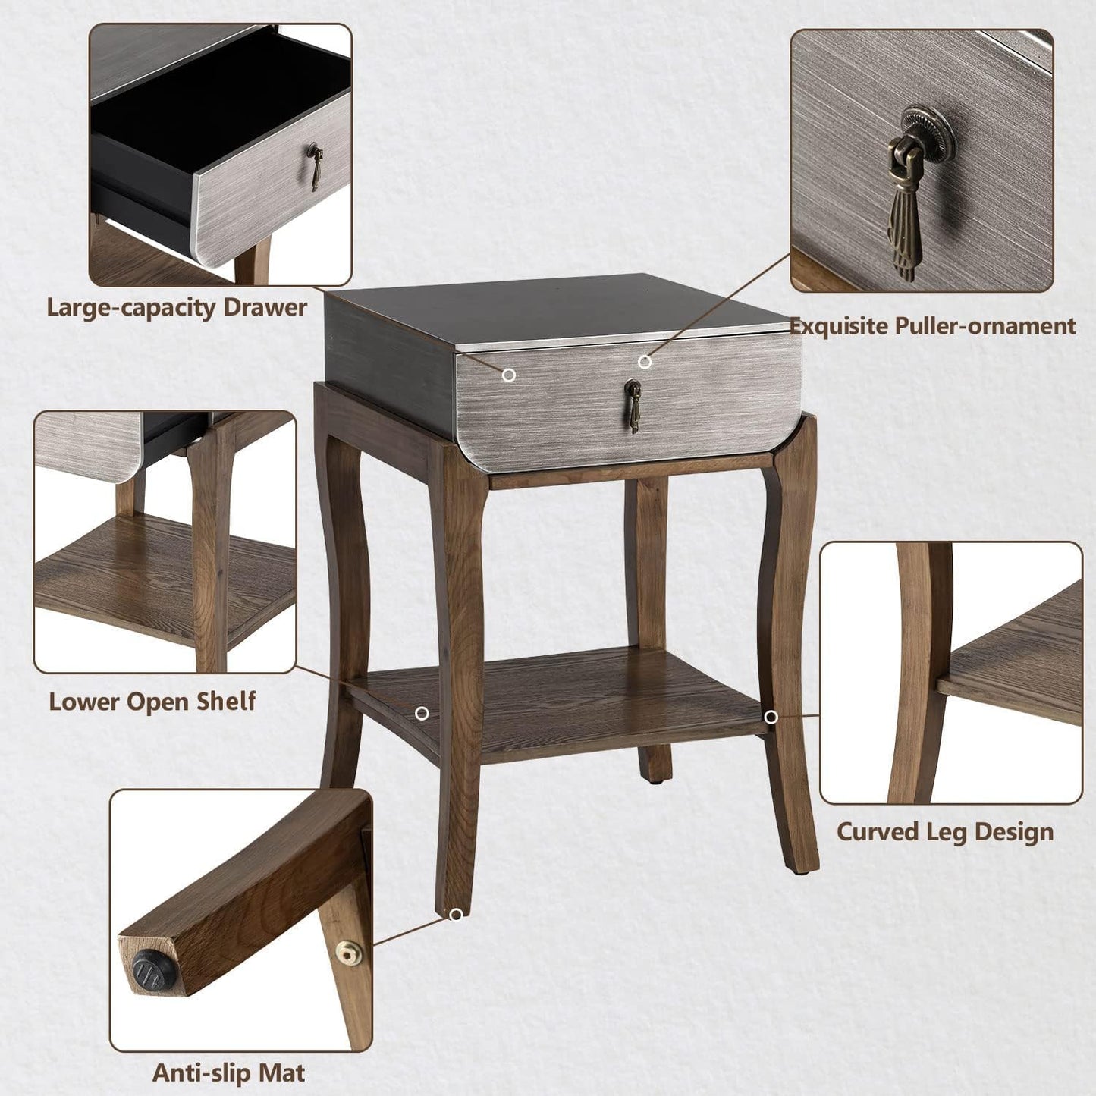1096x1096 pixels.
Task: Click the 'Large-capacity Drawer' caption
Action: (x=177, y=307)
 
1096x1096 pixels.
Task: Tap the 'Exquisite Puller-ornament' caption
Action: (x=932, y=325)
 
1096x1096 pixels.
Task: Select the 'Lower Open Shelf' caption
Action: (x=152, y=701)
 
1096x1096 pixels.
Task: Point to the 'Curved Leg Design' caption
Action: (x=945, y=831)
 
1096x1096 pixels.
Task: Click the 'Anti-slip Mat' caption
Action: (x=229, y=1072)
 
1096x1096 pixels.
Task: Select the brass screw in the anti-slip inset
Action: (x=348, y=951)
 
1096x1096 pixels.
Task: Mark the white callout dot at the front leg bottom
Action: (x=455, y=915)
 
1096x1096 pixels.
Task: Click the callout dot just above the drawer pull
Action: (x=644, y=362)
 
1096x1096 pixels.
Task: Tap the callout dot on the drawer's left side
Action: (x=510, y=375)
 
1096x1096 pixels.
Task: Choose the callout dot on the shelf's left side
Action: (x=422, y=713)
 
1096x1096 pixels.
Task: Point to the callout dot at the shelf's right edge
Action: (x=771, y=717)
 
